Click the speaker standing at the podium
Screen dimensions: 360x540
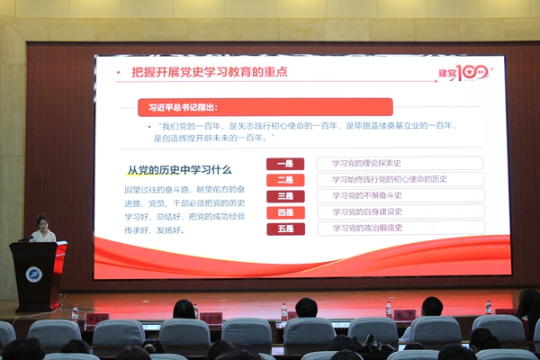(x=42, y=229)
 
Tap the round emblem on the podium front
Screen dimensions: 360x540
(x=33, y=274)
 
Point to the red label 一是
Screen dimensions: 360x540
(x=284, y=164)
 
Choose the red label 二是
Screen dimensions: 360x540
(x=284, y=180)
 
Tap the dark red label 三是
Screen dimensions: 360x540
(x=284, y=196)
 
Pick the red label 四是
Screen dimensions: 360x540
(x=284, y=212)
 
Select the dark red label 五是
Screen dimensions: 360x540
(x=284, y=229)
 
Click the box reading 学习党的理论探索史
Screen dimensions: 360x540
(x=400, y=163)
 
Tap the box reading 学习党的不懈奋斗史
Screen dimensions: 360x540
(x=400, y=195)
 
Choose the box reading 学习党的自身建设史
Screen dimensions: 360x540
(x=400, y=211)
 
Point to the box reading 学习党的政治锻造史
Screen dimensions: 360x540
(x=400, y=229)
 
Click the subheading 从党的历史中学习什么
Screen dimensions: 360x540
(x=179, y=169)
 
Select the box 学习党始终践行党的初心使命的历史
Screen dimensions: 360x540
(x=400, y=179)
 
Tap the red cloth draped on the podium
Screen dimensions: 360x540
(x=60, y=256)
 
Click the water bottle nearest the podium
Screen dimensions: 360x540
(x=75, y=313)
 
